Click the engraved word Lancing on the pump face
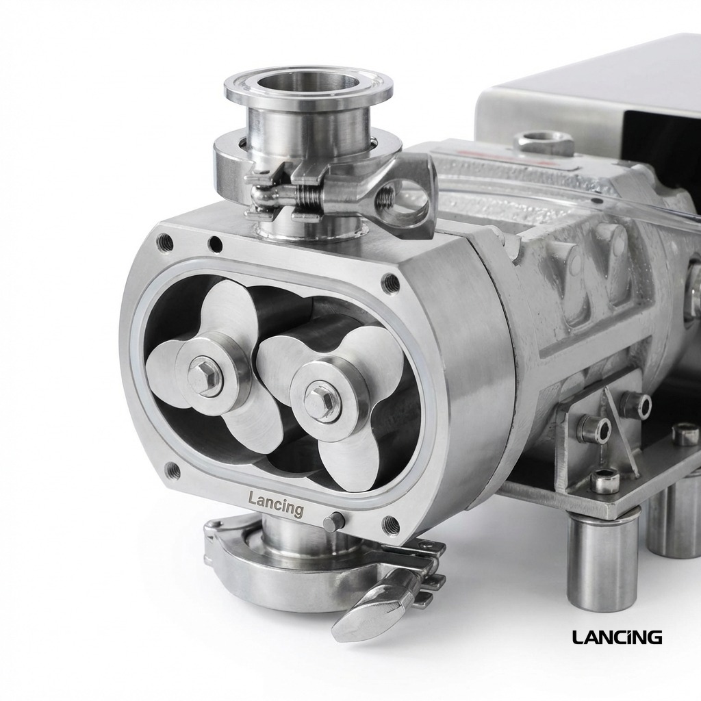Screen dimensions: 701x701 pos(275,505)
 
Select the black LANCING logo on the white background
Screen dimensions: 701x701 pos(617,637)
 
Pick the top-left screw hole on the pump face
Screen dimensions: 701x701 pos(164,241)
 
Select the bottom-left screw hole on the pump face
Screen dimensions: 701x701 pos(173,470)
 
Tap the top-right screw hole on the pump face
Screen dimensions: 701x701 pos(391,281)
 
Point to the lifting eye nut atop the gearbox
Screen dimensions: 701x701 pos(544,142)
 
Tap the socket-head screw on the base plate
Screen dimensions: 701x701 pos(604,480)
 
